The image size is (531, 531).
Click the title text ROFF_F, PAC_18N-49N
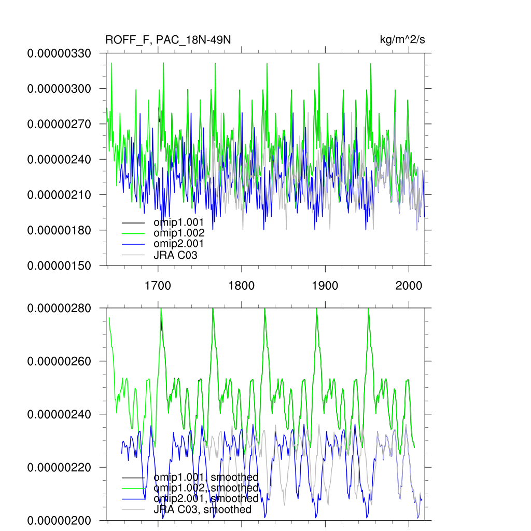pos(167,40)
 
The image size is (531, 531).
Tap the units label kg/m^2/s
pos(403,40)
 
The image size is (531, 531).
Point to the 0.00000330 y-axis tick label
pos(59,53)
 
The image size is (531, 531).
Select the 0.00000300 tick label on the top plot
pos(59,89)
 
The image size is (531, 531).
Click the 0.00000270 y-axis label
pos(59,124)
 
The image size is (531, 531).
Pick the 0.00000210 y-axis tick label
pos(59,194)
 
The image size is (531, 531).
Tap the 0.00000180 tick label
pos(59,230)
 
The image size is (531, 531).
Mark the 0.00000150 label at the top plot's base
pos(59,265)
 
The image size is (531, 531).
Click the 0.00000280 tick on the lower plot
pos(59,308)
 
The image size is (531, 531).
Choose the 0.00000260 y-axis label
pos(59,361)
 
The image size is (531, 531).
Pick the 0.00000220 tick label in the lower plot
pos(59,467)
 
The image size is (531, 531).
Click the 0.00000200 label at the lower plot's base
pos(59,520)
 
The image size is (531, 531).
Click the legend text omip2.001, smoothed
pos(206,498)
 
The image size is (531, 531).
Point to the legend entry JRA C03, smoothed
pos(202,509)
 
